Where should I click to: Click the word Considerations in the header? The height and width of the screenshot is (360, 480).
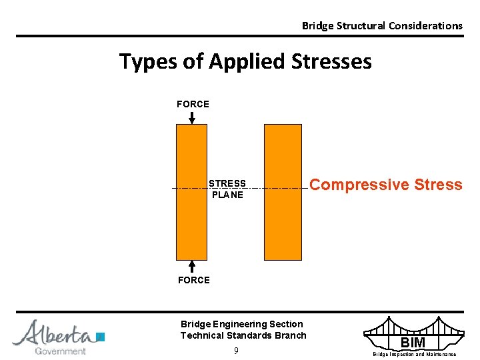point(425,26)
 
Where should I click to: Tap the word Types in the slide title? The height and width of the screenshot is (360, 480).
point(145,62)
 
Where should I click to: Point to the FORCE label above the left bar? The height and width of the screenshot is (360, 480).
point(193,104)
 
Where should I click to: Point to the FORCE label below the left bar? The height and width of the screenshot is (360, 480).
point(193,280)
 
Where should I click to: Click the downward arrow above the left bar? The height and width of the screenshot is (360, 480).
point(192,117)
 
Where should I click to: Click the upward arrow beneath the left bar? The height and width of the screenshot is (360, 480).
point(192,266)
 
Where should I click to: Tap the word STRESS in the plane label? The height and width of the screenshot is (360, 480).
point(227,183)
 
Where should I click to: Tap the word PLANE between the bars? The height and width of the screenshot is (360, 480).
point(227,195)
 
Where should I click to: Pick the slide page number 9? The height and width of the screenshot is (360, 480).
point(237,351)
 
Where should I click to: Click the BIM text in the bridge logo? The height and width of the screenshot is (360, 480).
point(413,343)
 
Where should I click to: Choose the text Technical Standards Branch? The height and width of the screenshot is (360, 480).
point(243,335)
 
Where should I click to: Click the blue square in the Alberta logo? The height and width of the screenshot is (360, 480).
point(101,337)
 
